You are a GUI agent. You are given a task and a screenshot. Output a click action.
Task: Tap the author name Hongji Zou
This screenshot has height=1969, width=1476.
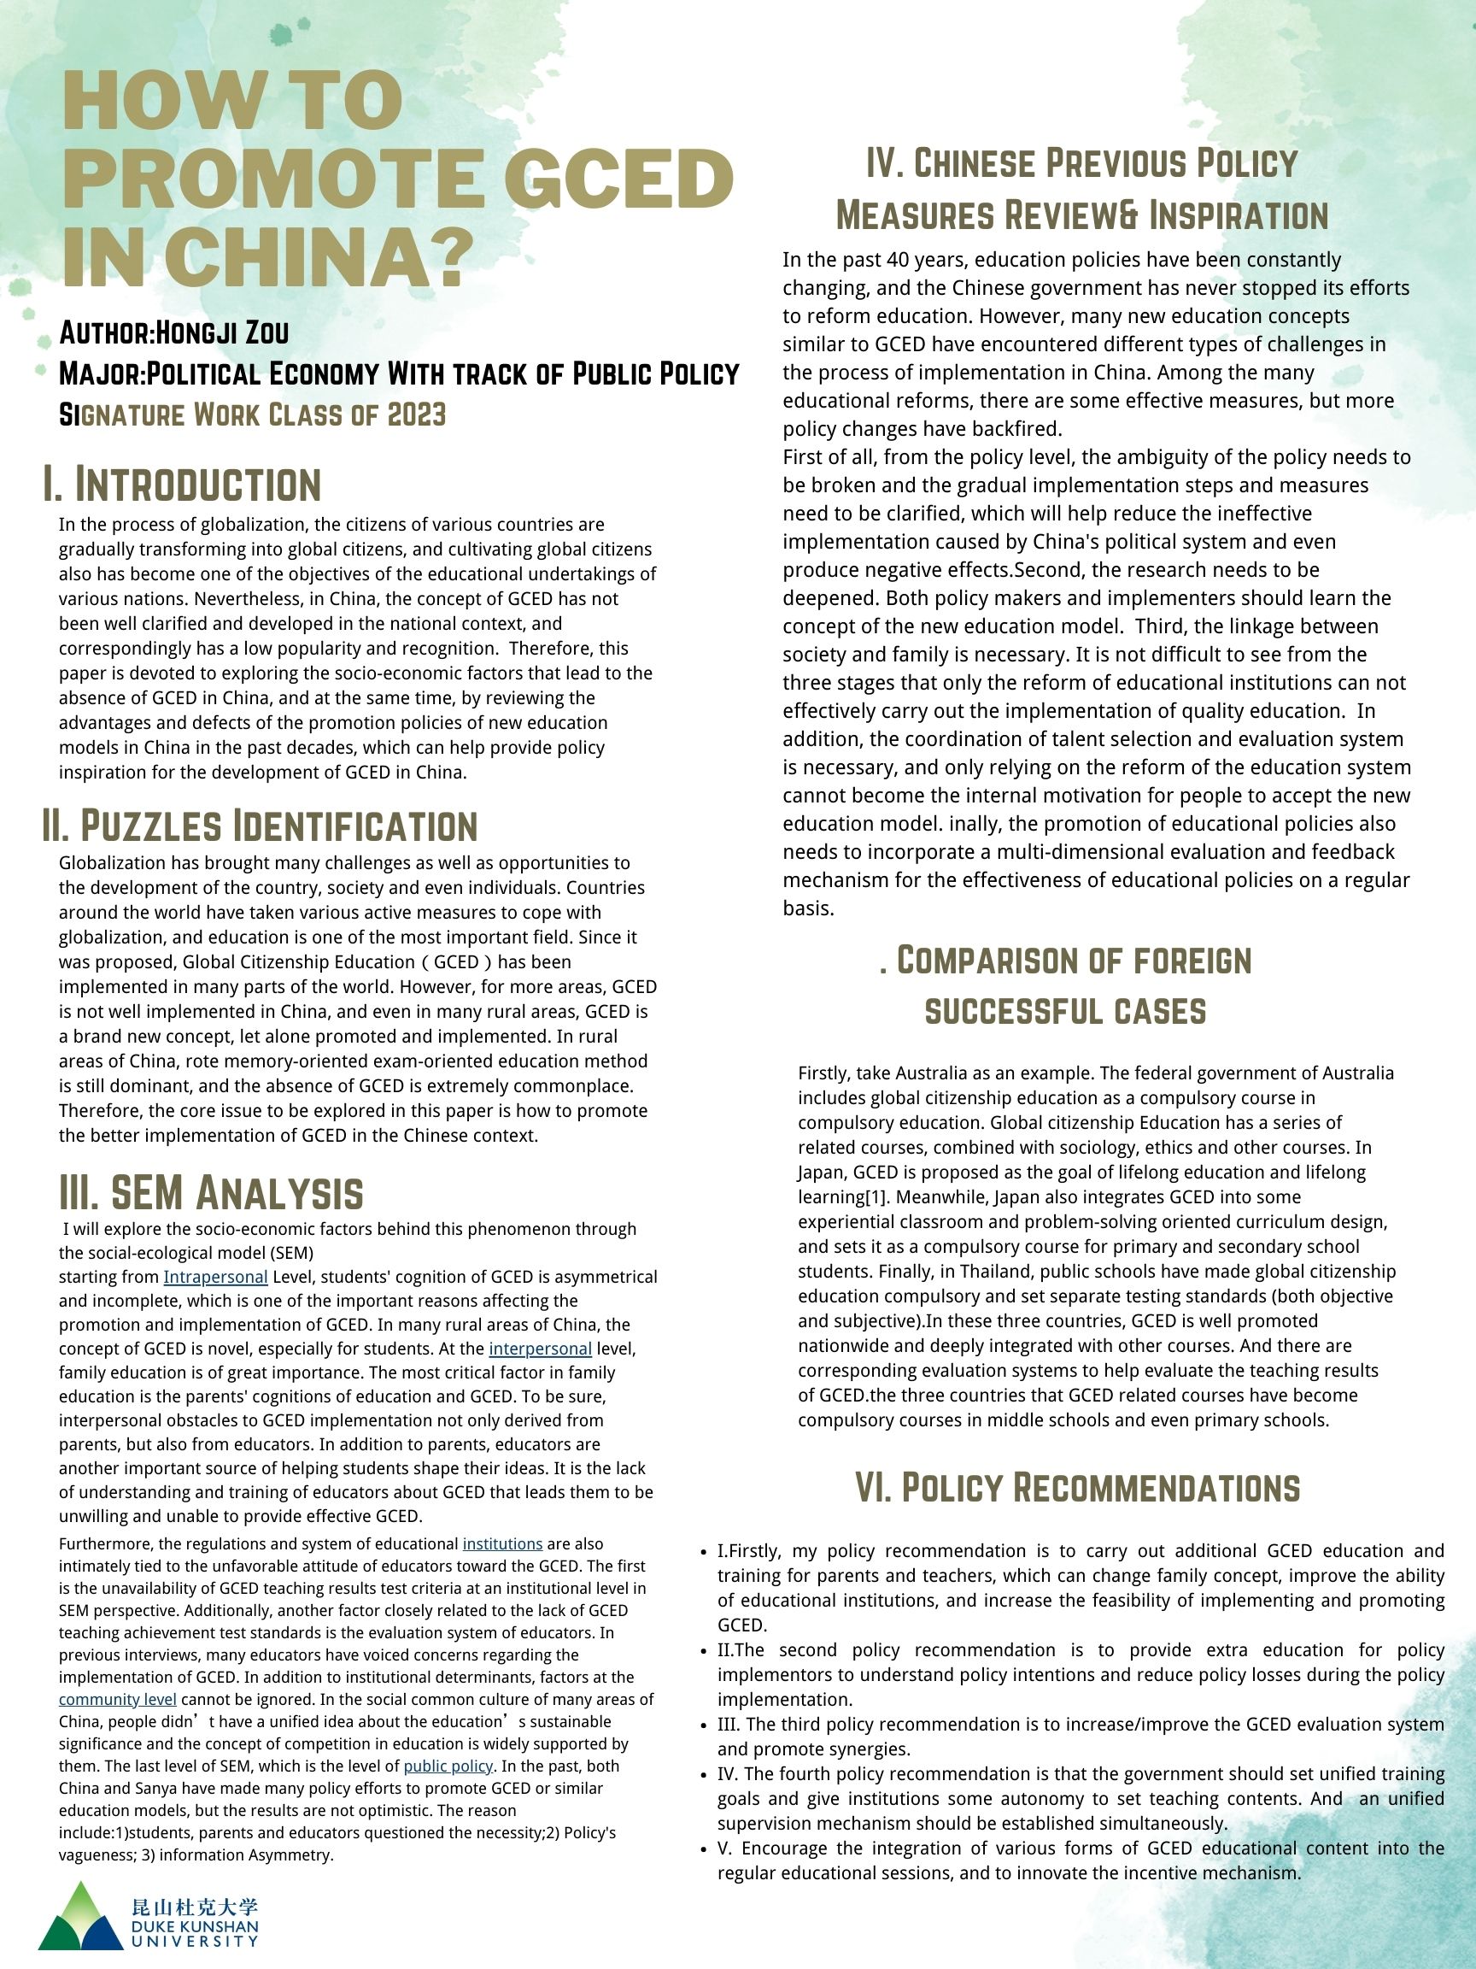[x=222, y=333]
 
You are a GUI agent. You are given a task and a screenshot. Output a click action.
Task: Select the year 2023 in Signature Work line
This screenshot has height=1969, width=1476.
[x=416, y=414]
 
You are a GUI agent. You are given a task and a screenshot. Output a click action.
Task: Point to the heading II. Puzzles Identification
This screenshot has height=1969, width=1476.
[x=259, y=826]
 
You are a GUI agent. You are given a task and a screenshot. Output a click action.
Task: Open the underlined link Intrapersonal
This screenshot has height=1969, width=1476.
[x=215, y=1278]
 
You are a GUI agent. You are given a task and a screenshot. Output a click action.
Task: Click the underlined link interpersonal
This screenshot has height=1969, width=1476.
[x=540, y=1349]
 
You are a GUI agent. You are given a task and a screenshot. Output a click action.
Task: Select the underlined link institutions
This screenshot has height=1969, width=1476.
[x=501, y=1544]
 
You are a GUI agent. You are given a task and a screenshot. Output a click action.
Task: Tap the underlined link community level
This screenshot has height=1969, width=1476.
[x=117, y=1700]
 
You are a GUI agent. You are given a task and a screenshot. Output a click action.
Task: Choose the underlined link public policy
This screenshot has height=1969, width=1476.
[x=448, y=1767]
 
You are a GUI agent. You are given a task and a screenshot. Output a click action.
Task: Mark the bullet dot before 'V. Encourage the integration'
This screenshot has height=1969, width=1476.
[x=704, y=1849]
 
